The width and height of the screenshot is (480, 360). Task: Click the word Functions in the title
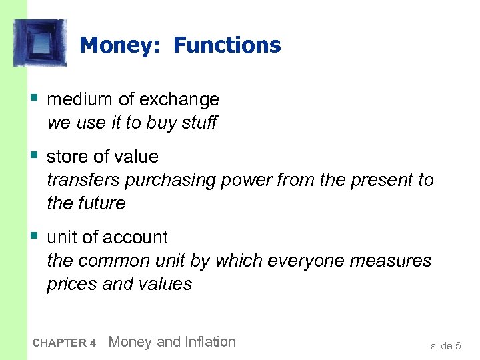pos(227,45)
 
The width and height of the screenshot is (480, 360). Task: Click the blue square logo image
pos(40,43)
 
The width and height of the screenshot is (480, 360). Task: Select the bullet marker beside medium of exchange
pos(34,98)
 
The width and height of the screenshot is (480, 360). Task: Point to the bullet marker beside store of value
pos(34,155)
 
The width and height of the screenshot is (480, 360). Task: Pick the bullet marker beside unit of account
pos(34,236)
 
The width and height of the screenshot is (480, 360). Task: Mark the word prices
pos(71,284)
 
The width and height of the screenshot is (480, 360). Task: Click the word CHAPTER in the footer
pos(59,343)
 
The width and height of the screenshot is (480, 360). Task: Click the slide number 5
pos(457,345)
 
